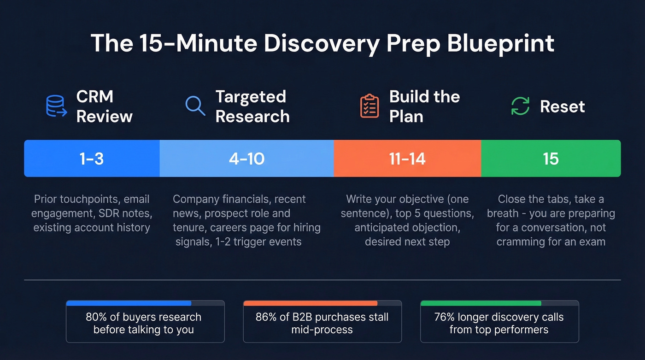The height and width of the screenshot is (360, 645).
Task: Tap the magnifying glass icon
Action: point(195,106)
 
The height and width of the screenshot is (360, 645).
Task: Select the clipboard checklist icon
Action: point(369,106)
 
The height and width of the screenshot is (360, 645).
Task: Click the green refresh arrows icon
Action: point(521,106)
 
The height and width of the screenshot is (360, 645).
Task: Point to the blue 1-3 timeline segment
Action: point(92,159)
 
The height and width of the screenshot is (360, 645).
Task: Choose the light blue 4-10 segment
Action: point(246,159)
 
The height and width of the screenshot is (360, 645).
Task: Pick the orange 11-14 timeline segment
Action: point(407,159)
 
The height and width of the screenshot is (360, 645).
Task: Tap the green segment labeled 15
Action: point(551,159)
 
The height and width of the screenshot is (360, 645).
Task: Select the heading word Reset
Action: point(562,106)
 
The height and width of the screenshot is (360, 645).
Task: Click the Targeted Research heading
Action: point(252,106)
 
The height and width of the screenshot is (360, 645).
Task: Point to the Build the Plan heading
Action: point(424,106)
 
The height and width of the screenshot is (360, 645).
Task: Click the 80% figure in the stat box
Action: point(96,317)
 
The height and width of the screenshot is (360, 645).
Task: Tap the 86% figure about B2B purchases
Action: point(266,317)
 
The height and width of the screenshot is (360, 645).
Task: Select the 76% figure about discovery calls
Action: point(445,317)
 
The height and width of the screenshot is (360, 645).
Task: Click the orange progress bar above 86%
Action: point(310,303)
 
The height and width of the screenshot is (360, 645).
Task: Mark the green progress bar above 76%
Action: point(481,303)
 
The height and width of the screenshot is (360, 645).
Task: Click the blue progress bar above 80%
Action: point(129,303)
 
